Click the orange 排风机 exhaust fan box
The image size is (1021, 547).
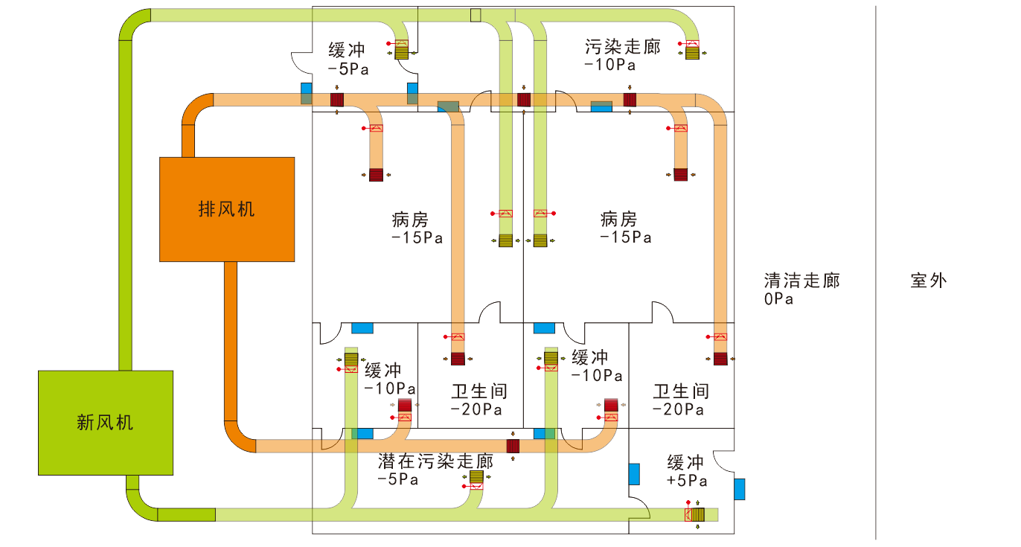(x=227, y=209)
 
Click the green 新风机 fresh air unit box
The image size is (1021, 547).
(x=106, y=423)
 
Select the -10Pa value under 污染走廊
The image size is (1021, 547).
(x=609, y=65)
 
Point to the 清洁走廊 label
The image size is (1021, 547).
(x=801, y=281)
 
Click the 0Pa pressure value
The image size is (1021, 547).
(x=778, y=299)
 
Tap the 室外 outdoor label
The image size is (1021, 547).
(x=929, y=281)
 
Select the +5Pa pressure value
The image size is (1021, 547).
(x=686, y=481)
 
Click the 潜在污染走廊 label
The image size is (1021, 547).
(x=436, y=461)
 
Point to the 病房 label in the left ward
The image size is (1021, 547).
(x=410, y=220)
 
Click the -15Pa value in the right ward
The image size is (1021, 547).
(x=626, y=238)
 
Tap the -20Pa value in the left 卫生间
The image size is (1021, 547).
(x=476, y=409)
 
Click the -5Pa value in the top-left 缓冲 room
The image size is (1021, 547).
(x=348, y=68)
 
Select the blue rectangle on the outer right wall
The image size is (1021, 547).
(x=739, y=489)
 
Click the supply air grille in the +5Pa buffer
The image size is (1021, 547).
(x=697, y=514)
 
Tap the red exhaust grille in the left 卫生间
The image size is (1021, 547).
(x=458, y=359)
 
